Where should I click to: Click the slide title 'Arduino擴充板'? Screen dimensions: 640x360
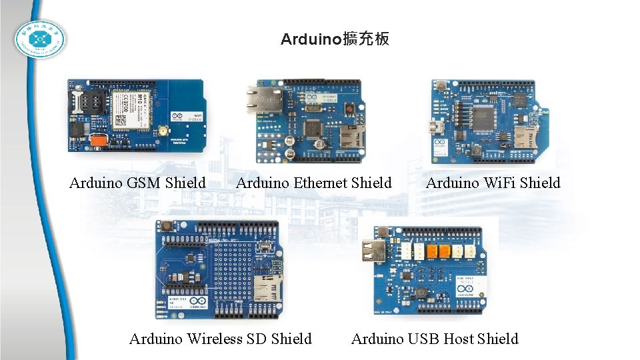(x=335, y=39)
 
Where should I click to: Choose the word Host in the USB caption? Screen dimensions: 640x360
(x=458, y=339)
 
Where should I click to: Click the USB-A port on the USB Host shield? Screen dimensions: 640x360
(x=374, y=252)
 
